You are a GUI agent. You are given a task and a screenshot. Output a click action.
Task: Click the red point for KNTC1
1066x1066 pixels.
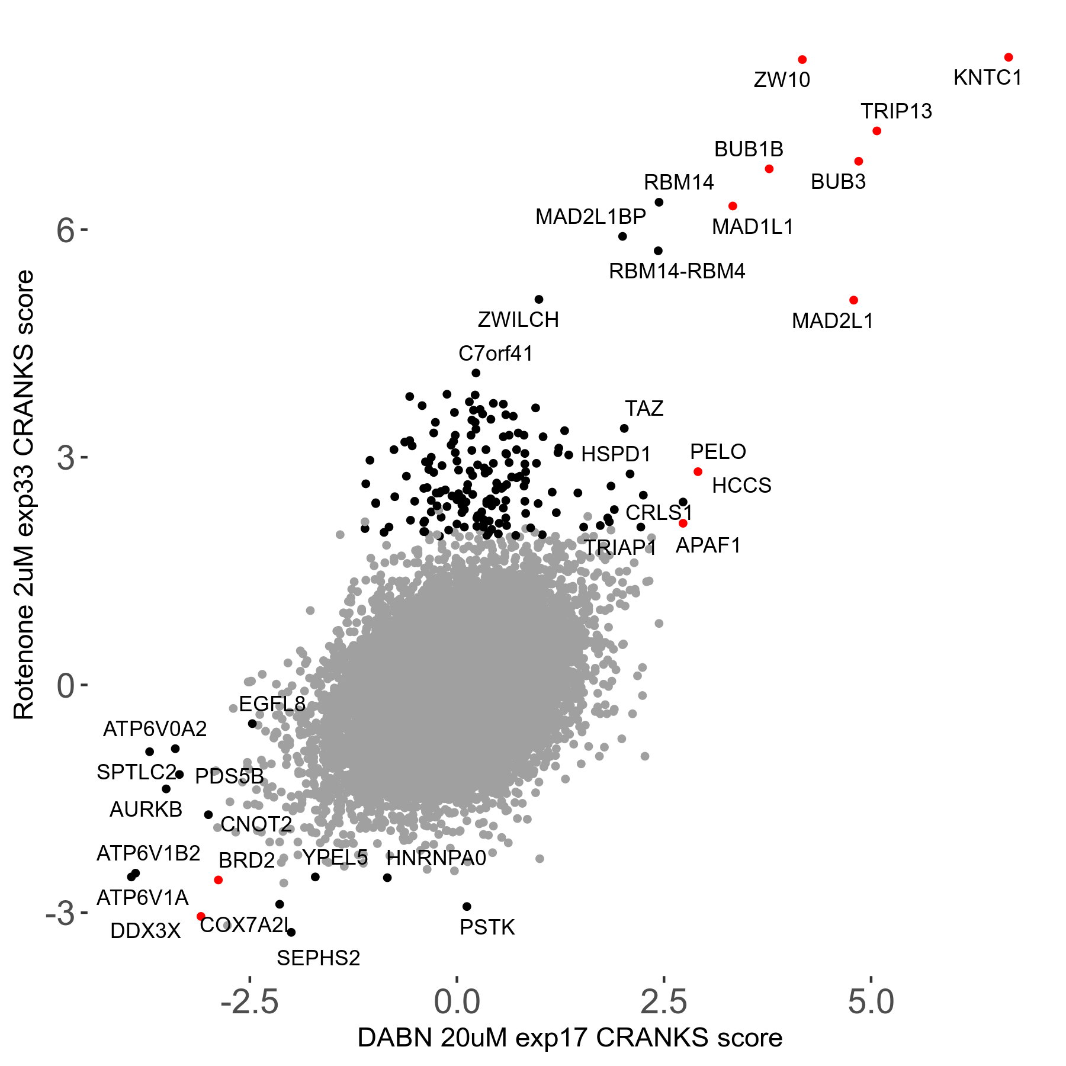click(x=1009, y=57)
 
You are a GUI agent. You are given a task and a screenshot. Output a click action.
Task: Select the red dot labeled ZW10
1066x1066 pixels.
click(x=802, y=60)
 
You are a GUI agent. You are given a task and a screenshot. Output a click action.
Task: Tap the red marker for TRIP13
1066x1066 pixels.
click(x=877, y=131)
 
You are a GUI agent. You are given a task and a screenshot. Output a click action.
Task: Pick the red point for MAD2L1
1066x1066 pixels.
click(x=853, y=300)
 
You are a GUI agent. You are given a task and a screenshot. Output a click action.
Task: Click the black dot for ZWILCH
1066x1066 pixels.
click(x=539, y=300)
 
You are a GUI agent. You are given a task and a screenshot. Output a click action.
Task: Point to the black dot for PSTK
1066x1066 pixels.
click(x=467, y=907)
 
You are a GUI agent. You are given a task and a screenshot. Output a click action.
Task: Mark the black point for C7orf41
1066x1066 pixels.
click(x=476, y=373)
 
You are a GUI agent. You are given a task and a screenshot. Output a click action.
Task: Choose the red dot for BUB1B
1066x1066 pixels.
click(x=769, y=169)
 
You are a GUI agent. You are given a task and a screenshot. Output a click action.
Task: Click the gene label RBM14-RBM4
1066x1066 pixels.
click(x=677, y=272)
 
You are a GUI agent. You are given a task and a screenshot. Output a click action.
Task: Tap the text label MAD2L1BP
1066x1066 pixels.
click(x=590, y=217)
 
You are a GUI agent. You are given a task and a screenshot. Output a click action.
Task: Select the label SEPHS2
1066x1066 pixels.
click(x=319, y=958)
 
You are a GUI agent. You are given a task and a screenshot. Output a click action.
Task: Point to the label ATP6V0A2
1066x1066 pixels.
click(x=155, y=729)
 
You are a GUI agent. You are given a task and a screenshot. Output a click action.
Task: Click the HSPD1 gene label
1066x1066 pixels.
click(x=616, y=454)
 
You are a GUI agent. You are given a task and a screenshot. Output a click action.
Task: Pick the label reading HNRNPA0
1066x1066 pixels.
click(x=436, y=858)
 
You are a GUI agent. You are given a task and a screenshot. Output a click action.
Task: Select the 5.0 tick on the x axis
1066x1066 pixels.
click(x=871, y=1002)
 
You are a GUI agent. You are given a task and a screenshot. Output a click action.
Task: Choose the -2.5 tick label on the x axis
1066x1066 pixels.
click(x=249, y=1002)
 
